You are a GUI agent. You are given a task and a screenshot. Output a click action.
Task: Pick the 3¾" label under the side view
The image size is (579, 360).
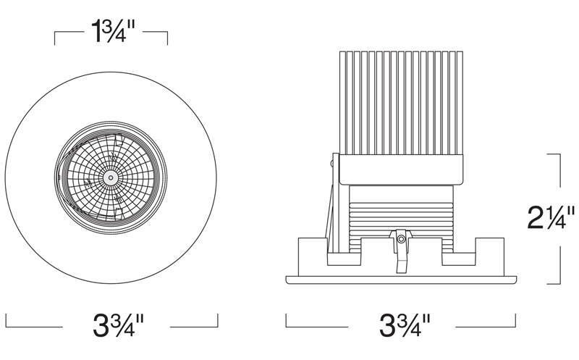[x=405, y=325]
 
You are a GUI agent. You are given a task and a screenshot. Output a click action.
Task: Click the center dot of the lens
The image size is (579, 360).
[x=111, y=178]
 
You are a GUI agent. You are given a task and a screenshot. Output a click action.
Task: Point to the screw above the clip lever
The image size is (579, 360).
[x=401, y=239]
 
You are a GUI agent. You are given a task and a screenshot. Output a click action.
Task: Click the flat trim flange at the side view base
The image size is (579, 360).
[x=401, y=280]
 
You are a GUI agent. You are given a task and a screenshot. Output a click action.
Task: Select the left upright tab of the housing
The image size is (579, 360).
[x=313, y=256]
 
